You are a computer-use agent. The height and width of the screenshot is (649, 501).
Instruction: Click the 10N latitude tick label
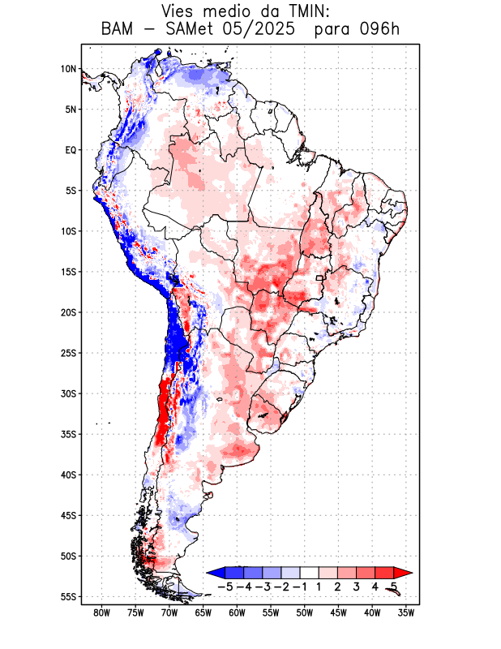click(x=68, y=69)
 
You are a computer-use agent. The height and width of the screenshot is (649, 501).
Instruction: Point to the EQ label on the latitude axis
click(x=71, y=150)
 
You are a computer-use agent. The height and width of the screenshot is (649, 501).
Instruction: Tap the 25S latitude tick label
click(x=67, y=353)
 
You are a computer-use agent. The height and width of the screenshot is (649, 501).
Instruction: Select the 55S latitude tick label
click(x=67, y=596)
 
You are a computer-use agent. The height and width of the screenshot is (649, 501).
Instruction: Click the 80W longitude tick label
click(x=102, y=613)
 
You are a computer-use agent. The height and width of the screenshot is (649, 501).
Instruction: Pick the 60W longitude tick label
click(x=238, y=613)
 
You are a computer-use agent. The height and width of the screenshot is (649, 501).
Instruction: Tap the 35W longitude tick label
click(x=406, y=613)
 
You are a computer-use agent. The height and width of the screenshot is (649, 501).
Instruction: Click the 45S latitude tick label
click(x=67, y=515)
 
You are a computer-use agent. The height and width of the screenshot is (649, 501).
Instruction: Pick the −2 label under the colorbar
click(x=280, y=586)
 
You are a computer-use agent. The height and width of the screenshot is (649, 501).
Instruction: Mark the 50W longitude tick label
click(x=305, y=613)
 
